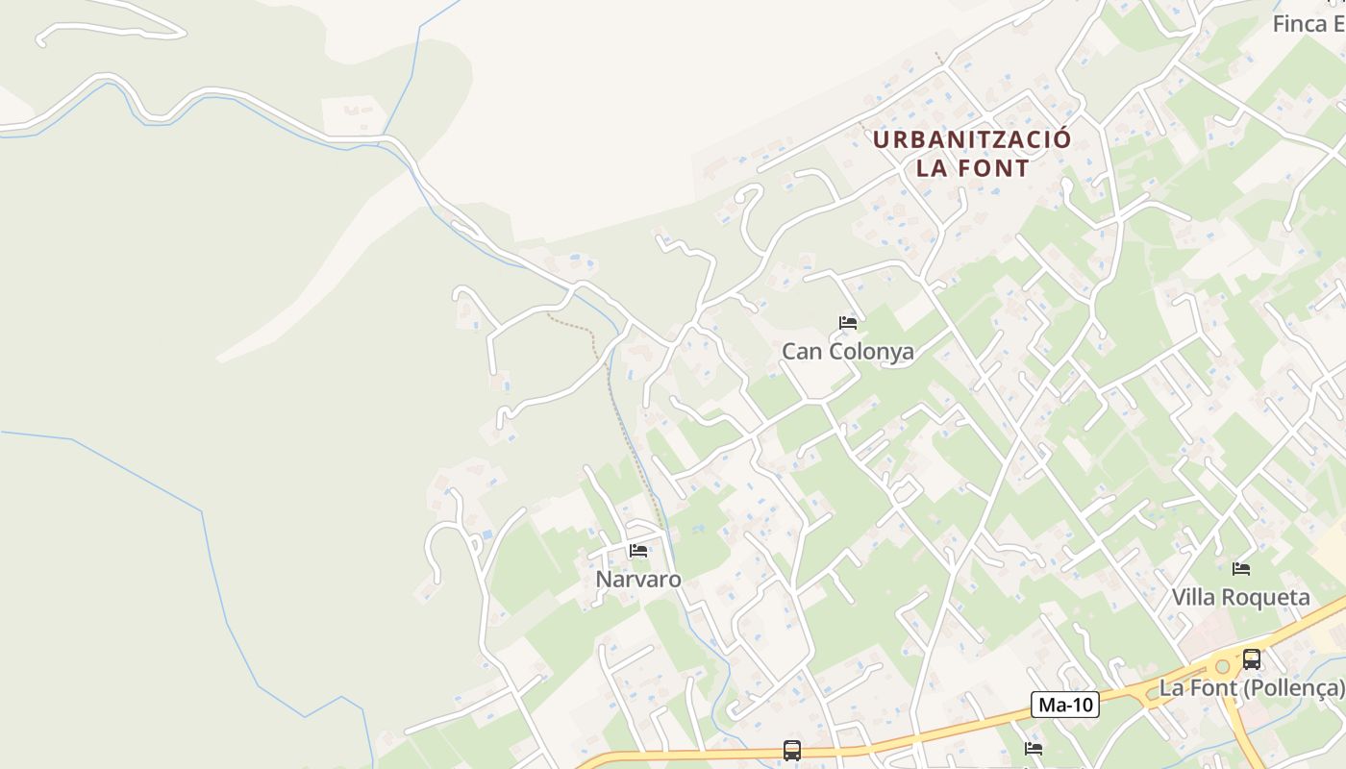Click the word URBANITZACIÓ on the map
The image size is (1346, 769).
[971, 139]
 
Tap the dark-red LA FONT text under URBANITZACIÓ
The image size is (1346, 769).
[972, 169]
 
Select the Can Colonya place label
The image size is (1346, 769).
[847, 352]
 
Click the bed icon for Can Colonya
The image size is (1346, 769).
[847, 323]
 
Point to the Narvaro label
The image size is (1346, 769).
[638, 580]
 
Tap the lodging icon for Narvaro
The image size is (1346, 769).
[638, 551]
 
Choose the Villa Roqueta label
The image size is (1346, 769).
[1240, 598]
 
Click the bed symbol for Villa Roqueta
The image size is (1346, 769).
[1241, 569]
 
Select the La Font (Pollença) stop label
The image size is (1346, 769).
[1252, 688]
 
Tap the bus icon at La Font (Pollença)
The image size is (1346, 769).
[1251, 659]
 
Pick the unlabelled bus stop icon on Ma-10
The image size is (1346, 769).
[791, 751]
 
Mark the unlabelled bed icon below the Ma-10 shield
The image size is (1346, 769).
[1034, 749]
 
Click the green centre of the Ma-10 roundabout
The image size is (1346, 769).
[1222, 666]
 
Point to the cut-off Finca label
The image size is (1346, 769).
[1308, 24]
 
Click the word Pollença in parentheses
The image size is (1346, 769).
[1293, 688]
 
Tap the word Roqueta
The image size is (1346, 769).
[1267, 598]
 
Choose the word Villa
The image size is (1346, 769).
[1193, 598]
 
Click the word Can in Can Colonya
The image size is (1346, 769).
[802, 352]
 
